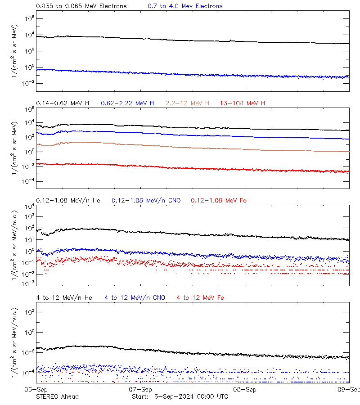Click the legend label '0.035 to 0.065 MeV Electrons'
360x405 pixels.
[x=81, y=6]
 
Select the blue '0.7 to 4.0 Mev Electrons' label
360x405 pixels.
[x=185, y=6]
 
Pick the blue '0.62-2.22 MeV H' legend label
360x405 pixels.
[x=127, y=103]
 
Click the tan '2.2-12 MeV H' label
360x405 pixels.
[x=188, y=103]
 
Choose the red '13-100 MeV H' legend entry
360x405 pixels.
[x=242, y=103]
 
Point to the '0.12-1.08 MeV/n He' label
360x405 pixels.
[x=70, y=200]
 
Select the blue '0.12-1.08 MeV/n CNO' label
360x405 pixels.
[x=146, y=200]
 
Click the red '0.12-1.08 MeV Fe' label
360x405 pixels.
[x=218, y=200]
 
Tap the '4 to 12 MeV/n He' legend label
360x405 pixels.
[x=64, y=297]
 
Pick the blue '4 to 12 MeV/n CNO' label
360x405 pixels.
[x=135, y=297]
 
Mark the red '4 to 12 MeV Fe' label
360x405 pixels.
[x=200, y=297]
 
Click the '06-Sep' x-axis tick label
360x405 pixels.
[x=36, y=389]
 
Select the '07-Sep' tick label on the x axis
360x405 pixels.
[x=140, y=389]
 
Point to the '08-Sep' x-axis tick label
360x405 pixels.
[x=245, y=389]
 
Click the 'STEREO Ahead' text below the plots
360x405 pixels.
[x=57, y=396]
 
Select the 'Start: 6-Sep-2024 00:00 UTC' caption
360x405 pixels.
[x=180, y=396]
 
